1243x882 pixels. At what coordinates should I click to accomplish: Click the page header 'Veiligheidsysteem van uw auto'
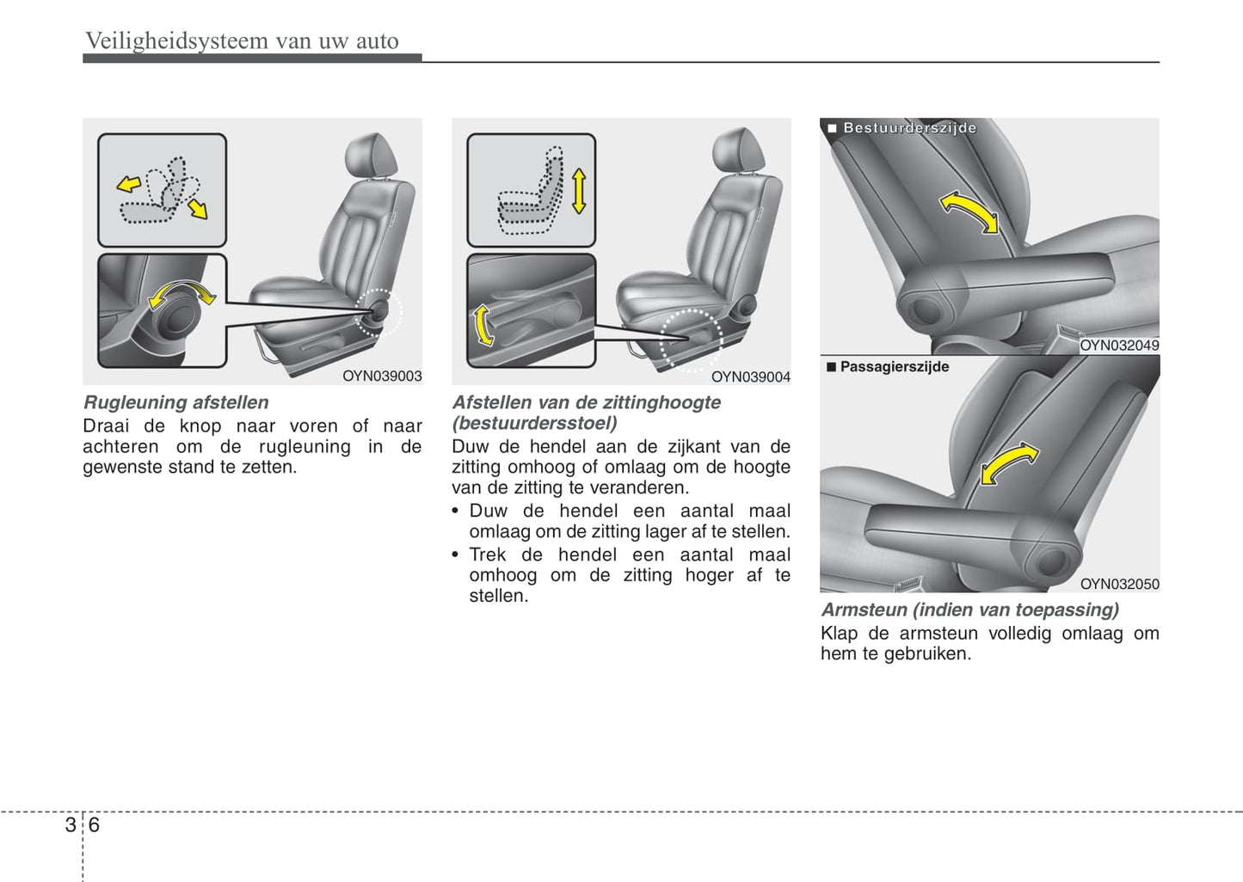(242, 41)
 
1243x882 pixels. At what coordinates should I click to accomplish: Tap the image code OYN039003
(382, 377)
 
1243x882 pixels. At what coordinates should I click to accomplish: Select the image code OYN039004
(750, 377)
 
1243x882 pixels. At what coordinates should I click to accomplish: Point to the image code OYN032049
(1119, 346)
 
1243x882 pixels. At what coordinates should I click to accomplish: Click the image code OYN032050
(1119, 584)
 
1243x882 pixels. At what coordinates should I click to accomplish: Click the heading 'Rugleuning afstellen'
(175, 402)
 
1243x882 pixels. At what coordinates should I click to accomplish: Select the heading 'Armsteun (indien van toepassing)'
(970, 609)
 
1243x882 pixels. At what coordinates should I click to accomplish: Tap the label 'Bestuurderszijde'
(909, 128)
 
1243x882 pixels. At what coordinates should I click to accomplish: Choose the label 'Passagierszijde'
(895, 367)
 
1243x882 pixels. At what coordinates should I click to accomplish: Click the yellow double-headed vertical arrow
(579, 192)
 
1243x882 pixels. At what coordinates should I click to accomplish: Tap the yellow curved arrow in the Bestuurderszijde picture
(969, 210)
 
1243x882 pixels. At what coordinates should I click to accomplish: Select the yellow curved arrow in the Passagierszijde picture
(1008, 463)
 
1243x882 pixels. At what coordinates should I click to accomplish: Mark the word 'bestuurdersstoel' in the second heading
(535, 424)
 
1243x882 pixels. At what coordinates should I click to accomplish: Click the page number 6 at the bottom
(94, 825)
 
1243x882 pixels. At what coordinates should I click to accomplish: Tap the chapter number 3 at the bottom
(71, 825)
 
